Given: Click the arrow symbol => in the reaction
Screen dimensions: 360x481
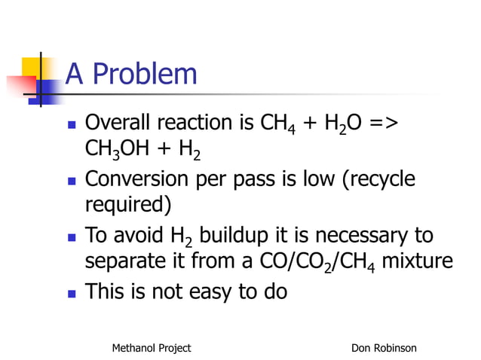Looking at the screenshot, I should (383, 122).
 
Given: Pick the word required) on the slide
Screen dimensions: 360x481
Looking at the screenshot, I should (128, 204).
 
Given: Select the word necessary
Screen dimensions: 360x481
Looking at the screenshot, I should (364, 237).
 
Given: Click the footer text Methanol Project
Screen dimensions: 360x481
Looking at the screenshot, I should (151, 347).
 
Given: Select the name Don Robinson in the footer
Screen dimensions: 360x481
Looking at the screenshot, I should (384, 347).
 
